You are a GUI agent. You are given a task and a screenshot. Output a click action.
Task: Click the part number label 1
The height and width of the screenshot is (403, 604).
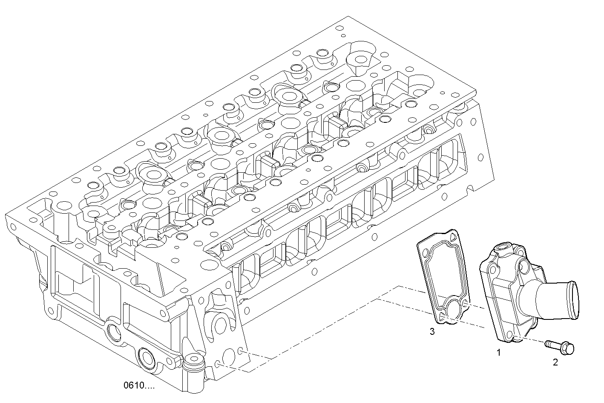[498, 352]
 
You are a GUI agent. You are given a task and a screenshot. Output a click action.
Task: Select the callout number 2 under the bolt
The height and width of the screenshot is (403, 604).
[555, 362]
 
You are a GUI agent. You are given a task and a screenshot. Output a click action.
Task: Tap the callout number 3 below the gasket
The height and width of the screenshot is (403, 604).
[432, 331]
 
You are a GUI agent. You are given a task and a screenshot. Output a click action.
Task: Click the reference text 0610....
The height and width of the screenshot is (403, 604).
[139, 386]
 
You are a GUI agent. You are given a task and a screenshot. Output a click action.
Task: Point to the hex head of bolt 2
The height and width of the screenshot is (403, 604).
[567, 348]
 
